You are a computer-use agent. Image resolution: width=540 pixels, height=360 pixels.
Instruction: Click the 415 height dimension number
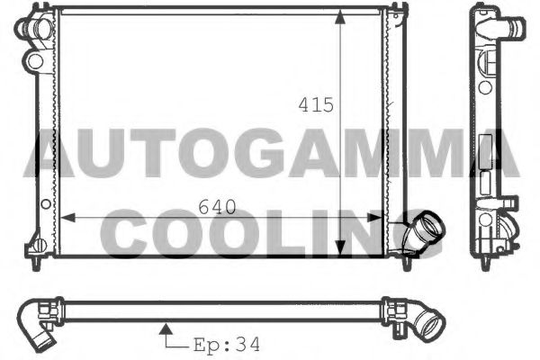316,104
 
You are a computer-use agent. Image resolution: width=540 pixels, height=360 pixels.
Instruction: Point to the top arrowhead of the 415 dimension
340,16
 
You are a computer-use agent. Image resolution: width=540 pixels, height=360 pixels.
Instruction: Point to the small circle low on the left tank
37,242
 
